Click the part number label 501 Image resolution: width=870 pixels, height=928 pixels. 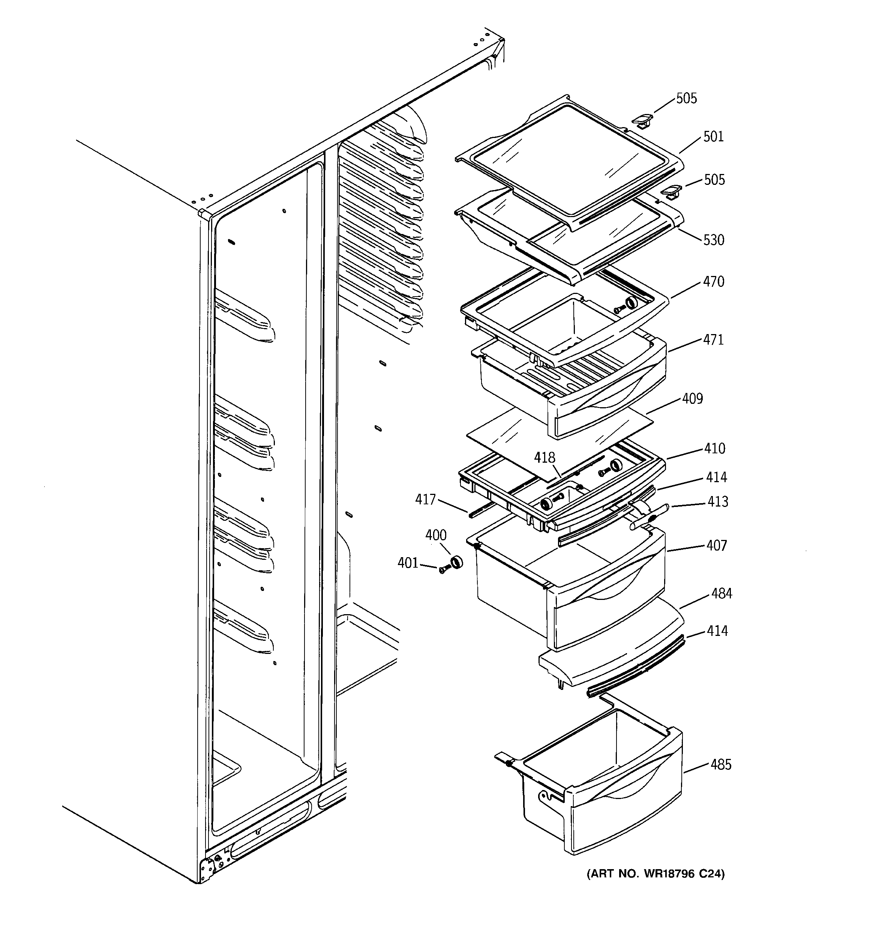pyautogui.click(x=713, y=137)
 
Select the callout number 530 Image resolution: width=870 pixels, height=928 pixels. pyautogui.click(x=714, y=240)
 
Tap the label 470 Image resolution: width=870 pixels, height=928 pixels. pyautogui.click(x=714, y=282)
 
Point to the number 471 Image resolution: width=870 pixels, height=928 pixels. pyautogui.click(x=714, y=340)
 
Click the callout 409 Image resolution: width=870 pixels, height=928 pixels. pyautogui.click(x=692, y=398)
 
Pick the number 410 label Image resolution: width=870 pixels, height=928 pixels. pyautogui.click(x=714, y=448)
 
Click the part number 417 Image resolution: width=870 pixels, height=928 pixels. pyautogui.click(x=425, y=500)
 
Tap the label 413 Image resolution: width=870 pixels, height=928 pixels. pyautogui.click(x=717, y=502)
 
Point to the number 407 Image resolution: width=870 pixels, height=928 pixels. pyautogui.click(x=716, y=545)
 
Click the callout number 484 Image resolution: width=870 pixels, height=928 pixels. pyautogui.click(x=721, y=594)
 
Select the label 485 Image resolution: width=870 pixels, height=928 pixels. pyautogui.click(x=721, y=765)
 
